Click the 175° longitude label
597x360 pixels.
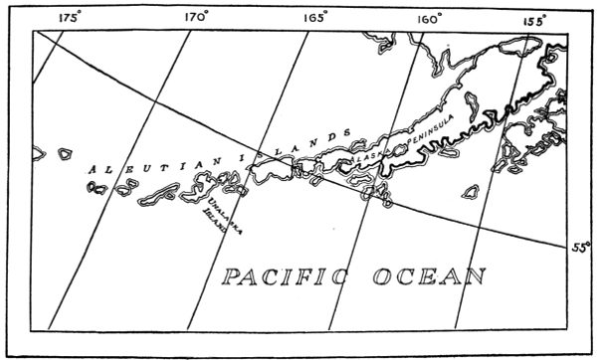click(70, 17)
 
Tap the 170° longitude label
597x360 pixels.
click(196, 17)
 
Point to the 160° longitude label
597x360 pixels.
click(429, 17)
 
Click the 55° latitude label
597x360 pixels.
click(580, 246)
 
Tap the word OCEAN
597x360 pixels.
click(430, 275)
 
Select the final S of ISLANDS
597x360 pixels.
click(347, 131)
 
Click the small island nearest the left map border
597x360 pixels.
click(37, 153)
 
